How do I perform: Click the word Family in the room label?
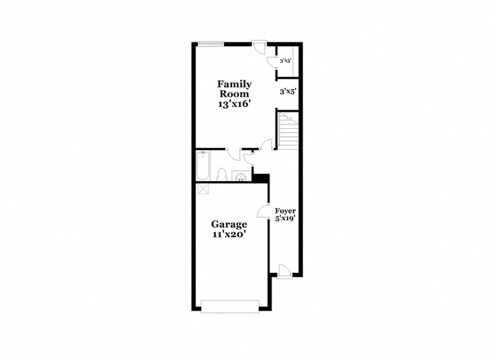(x=234, y=84)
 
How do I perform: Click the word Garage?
(x=228, y=224)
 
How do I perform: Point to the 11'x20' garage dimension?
(x=228, y=235)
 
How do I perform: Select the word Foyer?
(x=286, y=211)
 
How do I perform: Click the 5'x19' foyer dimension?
(x=286, y=219)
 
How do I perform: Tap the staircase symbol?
(x=288, y=129)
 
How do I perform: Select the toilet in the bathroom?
(x=221, y=173)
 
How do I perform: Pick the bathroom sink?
(x=241, y=176)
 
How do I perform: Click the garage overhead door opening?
(x=230, y=306)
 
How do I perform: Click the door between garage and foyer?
(x=263, y=211)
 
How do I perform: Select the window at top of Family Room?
(x=211, y=44)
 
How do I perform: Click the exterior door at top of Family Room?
(x=260, y=47)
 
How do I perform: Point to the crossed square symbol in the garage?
(x=202, y=189)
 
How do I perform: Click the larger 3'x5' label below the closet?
(x=286, y=91)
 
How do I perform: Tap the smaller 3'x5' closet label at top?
(x=286, y=62)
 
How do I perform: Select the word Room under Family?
(x=234, y=93)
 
